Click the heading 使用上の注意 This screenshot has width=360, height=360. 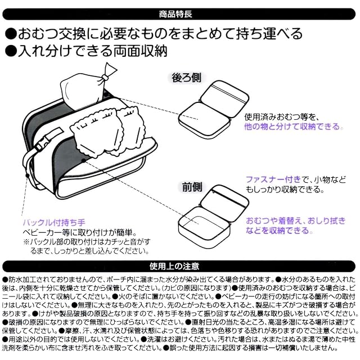pyautogui.click(x=180, y=265)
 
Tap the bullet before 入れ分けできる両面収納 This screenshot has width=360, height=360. pyautogui.click(x=11, y=52)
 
